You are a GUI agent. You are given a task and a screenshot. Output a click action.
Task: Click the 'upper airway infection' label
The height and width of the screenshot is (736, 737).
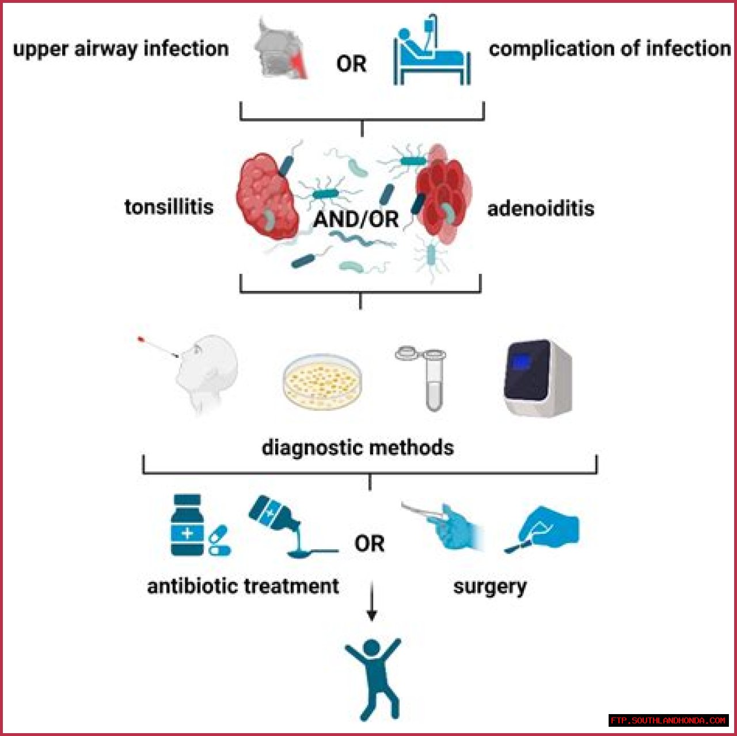pyautogui.click(x=120, y=49)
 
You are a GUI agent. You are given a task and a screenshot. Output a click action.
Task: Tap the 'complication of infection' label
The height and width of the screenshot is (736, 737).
pyautogui.click(x=610, y=49)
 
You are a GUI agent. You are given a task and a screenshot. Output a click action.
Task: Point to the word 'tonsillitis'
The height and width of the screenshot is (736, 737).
pyautogui.click(x=169, y=206)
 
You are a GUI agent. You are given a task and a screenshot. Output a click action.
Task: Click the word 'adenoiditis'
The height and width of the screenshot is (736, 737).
pyautogui.click(x=541, y=208)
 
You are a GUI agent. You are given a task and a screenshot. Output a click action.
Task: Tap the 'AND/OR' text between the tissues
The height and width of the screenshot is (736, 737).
pyautogui.click(x=356, y=219)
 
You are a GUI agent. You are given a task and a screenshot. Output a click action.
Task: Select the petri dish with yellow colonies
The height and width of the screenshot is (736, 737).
pyautogui.click(x=322, y=381)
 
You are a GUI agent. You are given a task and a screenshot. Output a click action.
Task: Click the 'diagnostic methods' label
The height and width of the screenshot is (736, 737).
pyautogui.click(x=358, y=447)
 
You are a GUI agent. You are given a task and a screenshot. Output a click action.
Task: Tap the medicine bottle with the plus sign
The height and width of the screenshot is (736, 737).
pyautogui.click(x=188, y=525)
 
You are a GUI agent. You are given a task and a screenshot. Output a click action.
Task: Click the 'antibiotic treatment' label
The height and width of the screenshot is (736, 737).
pyautogui.click(x=243, y=586)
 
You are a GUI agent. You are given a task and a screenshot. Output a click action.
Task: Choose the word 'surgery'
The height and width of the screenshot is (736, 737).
pyautogui.click(x=489, y=587)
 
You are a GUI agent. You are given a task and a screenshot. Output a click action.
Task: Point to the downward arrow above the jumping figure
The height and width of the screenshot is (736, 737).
pyautogui.click(x=372, y=602)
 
